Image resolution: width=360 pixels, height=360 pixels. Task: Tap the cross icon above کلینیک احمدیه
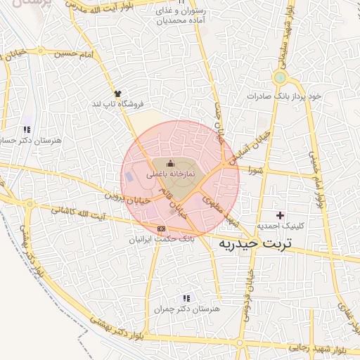tap(281, 214)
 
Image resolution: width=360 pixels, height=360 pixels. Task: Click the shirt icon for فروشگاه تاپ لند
tap(117, 93)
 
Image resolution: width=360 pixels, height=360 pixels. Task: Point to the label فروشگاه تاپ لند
tap(117, 103)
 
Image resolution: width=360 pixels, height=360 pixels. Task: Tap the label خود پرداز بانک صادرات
tap(284, 95)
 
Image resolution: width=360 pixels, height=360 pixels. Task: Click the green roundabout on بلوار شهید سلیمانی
tap(281, 77)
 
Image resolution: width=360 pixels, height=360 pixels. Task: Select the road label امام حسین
tap(77, 53)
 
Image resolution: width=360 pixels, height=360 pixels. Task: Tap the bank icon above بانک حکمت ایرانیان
tap(162, 229)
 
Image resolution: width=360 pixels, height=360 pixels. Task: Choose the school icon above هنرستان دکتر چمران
tap(186, 298)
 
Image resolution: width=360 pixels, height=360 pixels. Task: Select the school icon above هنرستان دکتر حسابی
tap(27, 129)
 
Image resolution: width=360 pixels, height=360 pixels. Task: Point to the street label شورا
tap(255, 169)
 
